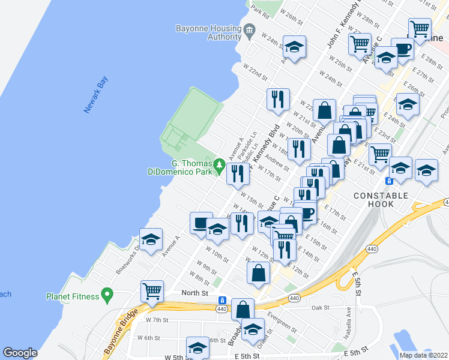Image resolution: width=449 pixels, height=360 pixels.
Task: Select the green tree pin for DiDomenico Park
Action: (x=220, y=163)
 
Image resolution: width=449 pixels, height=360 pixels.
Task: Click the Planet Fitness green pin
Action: (x=107, y=295)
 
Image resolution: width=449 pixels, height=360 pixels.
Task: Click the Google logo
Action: (x=20, y=353)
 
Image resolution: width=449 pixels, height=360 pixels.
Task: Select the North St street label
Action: (x=195, y=293)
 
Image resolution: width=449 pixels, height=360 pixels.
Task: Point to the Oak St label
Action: (x=321, y=307)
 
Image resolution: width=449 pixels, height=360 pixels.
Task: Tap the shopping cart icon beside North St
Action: (x=152, y=291)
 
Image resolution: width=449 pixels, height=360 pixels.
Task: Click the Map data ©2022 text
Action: (x=423, y=355)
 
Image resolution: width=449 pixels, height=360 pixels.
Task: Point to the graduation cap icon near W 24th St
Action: (x=294, y=47)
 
